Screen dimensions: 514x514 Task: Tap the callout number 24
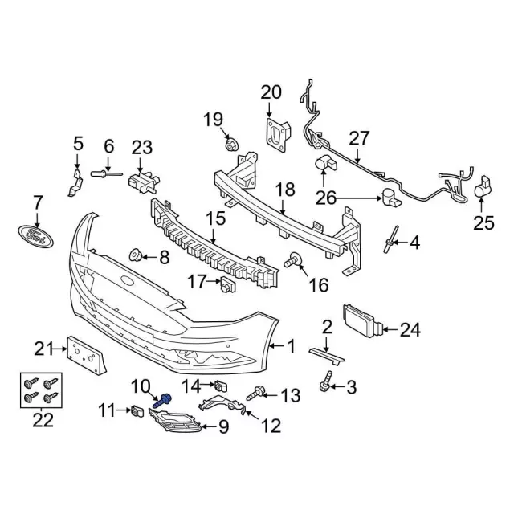click(410, 330)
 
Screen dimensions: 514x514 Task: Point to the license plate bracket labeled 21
click(87, 356)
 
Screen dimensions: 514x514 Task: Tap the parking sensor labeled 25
click(483, 188)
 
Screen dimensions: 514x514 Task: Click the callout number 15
click(216, 218)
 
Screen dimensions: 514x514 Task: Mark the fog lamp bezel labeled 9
click(174, 421)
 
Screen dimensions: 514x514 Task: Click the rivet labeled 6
click(106, 173)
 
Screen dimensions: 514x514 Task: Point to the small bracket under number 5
click(75, 183)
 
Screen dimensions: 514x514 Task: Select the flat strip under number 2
click(327, 357)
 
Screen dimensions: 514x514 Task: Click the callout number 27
click(359, 138)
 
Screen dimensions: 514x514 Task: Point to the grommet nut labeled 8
click(135, 255)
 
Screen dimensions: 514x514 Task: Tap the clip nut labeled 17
click(227, 284)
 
